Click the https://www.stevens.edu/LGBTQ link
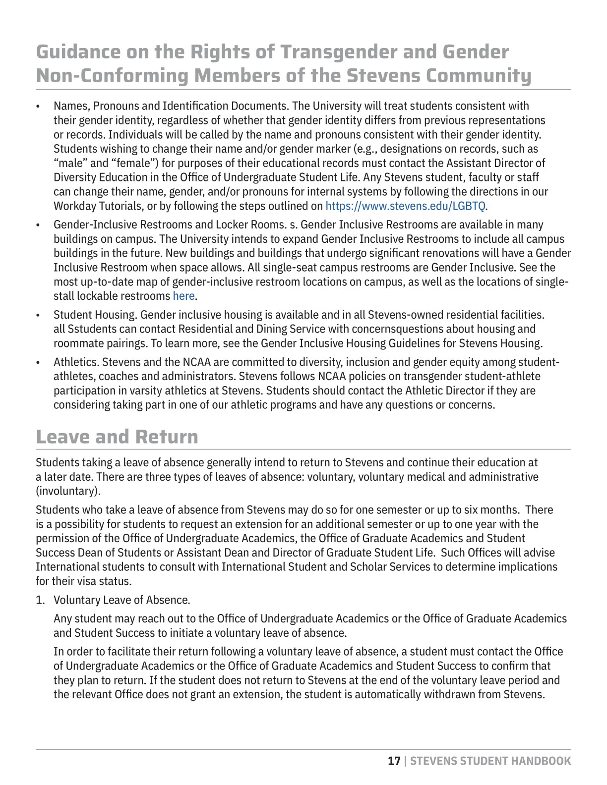pos(405,206)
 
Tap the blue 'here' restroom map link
pos(183,296)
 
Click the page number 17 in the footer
pos(394,761)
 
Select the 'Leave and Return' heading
pos(117,437)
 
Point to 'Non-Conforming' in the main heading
pos(112,76)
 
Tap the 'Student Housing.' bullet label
pos(96,315)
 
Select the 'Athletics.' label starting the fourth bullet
pos(76,362)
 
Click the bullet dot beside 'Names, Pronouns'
pos(38,107)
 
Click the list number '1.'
pos(40,600)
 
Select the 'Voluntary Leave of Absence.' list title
pos(121,600)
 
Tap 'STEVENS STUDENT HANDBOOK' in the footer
pos(490,761)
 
